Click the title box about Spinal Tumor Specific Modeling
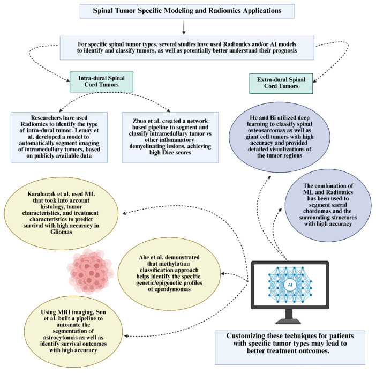click(187, 11)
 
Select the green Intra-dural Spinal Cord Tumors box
click(101, 81)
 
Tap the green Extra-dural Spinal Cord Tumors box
click(281, 83)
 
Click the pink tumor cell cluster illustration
click(90, 271)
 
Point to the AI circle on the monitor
click(290, 285)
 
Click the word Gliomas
click(61, 232)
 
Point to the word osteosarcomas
click(265, 130)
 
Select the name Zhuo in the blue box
click(139, 121)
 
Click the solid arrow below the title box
click(184, 27)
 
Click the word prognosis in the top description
click(284, 50)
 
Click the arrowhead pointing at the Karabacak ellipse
click(124, 213)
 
